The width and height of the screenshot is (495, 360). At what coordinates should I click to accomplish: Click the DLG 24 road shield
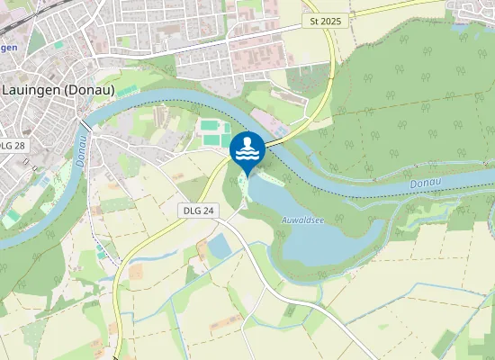point(198,210)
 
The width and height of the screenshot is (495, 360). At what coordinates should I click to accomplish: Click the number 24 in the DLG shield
point(209,210)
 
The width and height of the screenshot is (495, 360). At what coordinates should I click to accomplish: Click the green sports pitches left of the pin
point(211,134)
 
